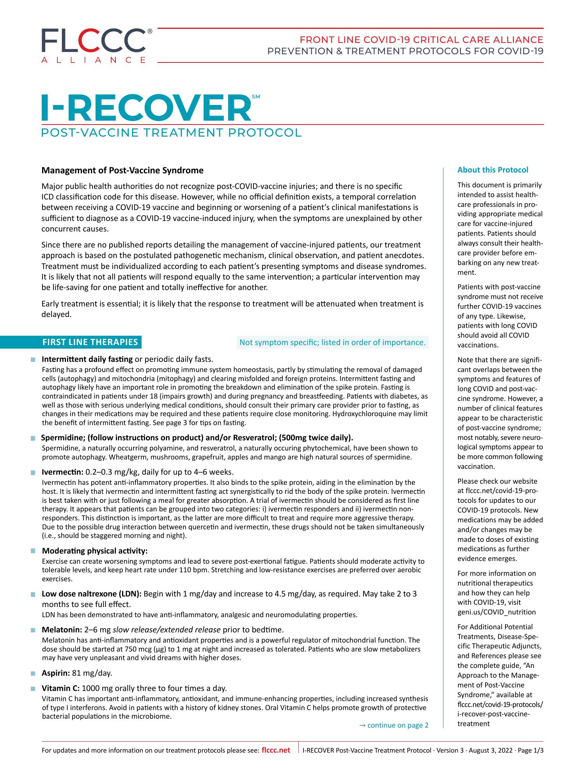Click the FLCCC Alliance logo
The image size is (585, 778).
click(94, 45)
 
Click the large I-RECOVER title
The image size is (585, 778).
click(146, 108)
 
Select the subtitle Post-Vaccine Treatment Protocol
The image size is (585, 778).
click(172, 133)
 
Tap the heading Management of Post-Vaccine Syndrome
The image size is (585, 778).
click(122, 171)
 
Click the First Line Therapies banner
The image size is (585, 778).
click(90, 342)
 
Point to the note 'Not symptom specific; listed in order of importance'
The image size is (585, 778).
click(332, 342)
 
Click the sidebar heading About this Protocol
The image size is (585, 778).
click(493, 170)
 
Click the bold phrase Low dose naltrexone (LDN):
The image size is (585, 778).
click(92, 594)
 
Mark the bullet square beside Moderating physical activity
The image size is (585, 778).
click(33, 551)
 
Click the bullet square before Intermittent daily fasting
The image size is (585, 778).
click(33, 360)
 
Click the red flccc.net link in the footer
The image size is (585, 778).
click(276, 750)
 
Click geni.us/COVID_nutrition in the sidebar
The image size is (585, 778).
click(496, 612)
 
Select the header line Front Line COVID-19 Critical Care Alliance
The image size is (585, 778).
click(421, 40)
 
